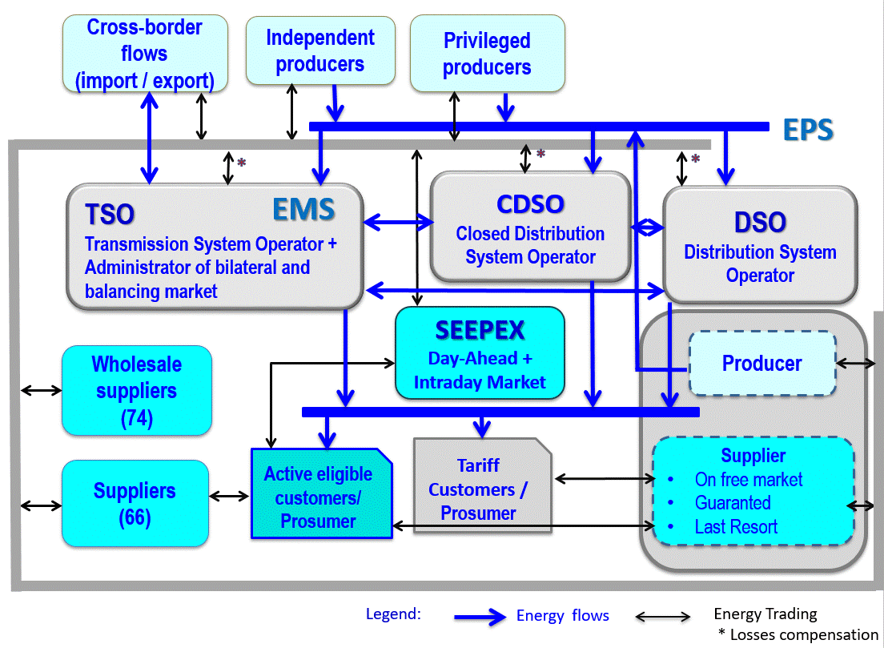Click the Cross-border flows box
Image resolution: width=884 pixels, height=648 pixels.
pos(145,54)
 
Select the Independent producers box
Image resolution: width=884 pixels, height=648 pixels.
pos(320,50)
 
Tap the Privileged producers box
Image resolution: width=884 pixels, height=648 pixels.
pos(487,54)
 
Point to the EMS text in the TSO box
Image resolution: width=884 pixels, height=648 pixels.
pos(303,210)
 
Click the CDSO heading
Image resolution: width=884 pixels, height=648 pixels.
pos(530,204)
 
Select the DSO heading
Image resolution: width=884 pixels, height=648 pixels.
pos(760,223)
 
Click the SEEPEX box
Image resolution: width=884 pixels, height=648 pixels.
pos(480,352)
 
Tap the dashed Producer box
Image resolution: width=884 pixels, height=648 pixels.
pos(761,364)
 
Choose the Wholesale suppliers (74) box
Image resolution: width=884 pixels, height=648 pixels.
pos(137,391)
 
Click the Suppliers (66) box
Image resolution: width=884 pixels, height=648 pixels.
pos(135,503)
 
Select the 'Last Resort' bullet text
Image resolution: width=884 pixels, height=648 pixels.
pos(736,527)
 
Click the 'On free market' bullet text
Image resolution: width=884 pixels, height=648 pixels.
pos(748,480)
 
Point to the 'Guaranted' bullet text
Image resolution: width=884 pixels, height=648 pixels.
pos(733,503)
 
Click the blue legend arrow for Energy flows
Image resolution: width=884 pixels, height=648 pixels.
pos(480,617)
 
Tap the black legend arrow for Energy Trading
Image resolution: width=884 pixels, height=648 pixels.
pos(662,617)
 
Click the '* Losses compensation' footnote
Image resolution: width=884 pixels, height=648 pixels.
pos(798,635)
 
